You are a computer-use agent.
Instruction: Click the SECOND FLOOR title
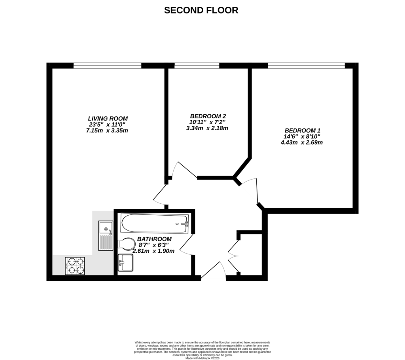[x=201, y=10]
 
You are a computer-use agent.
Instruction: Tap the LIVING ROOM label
[x=108, y=118]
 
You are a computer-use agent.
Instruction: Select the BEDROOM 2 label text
[x=208, y=116]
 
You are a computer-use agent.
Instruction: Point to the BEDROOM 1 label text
[x=302, y=130]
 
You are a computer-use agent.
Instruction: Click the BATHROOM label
[x=154, y=239]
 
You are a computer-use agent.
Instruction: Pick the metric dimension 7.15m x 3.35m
[x=108, y=130]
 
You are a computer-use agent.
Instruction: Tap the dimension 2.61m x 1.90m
[x=154, y=251]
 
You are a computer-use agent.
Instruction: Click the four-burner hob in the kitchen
[x=75, y=266]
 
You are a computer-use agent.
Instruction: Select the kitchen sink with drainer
[x=106, y=236]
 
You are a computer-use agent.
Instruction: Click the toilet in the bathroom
[x=126, y=244]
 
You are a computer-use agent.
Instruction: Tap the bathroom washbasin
[x=126, y=262]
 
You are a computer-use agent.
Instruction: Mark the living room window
[x=107, y=66]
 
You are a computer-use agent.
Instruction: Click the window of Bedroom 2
[x=197, y=66]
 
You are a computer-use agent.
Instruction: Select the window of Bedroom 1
[x=306, y=66]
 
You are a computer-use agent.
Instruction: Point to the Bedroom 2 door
[x=183, y=170]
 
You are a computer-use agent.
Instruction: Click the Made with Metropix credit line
[x=202, y=358]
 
